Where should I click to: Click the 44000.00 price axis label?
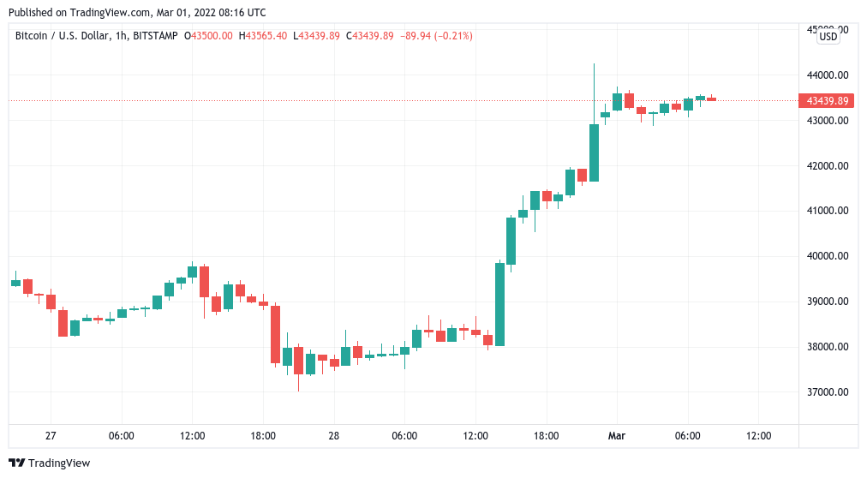point(828,75)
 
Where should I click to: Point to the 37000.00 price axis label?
point(828,392)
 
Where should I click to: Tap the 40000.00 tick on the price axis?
point(828,256)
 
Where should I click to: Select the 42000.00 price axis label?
point(828,165)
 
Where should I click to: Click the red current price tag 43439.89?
point(828,101)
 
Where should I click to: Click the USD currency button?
point(828,36)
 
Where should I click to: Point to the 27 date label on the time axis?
point(51,436)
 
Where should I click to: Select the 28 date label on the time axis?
point(333,436)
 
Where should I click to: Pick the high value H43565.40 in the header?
point(264,36)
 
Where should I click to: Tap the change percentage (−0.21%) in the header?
point(448,36)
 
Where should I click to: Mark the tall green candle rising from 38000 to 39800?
point(499,304)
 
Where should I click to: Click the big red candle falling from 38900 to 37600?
point(275,334)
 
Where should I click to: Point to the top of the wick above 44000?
point(594,64)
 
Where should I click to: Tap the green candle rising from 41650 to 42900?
point(594,152)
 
